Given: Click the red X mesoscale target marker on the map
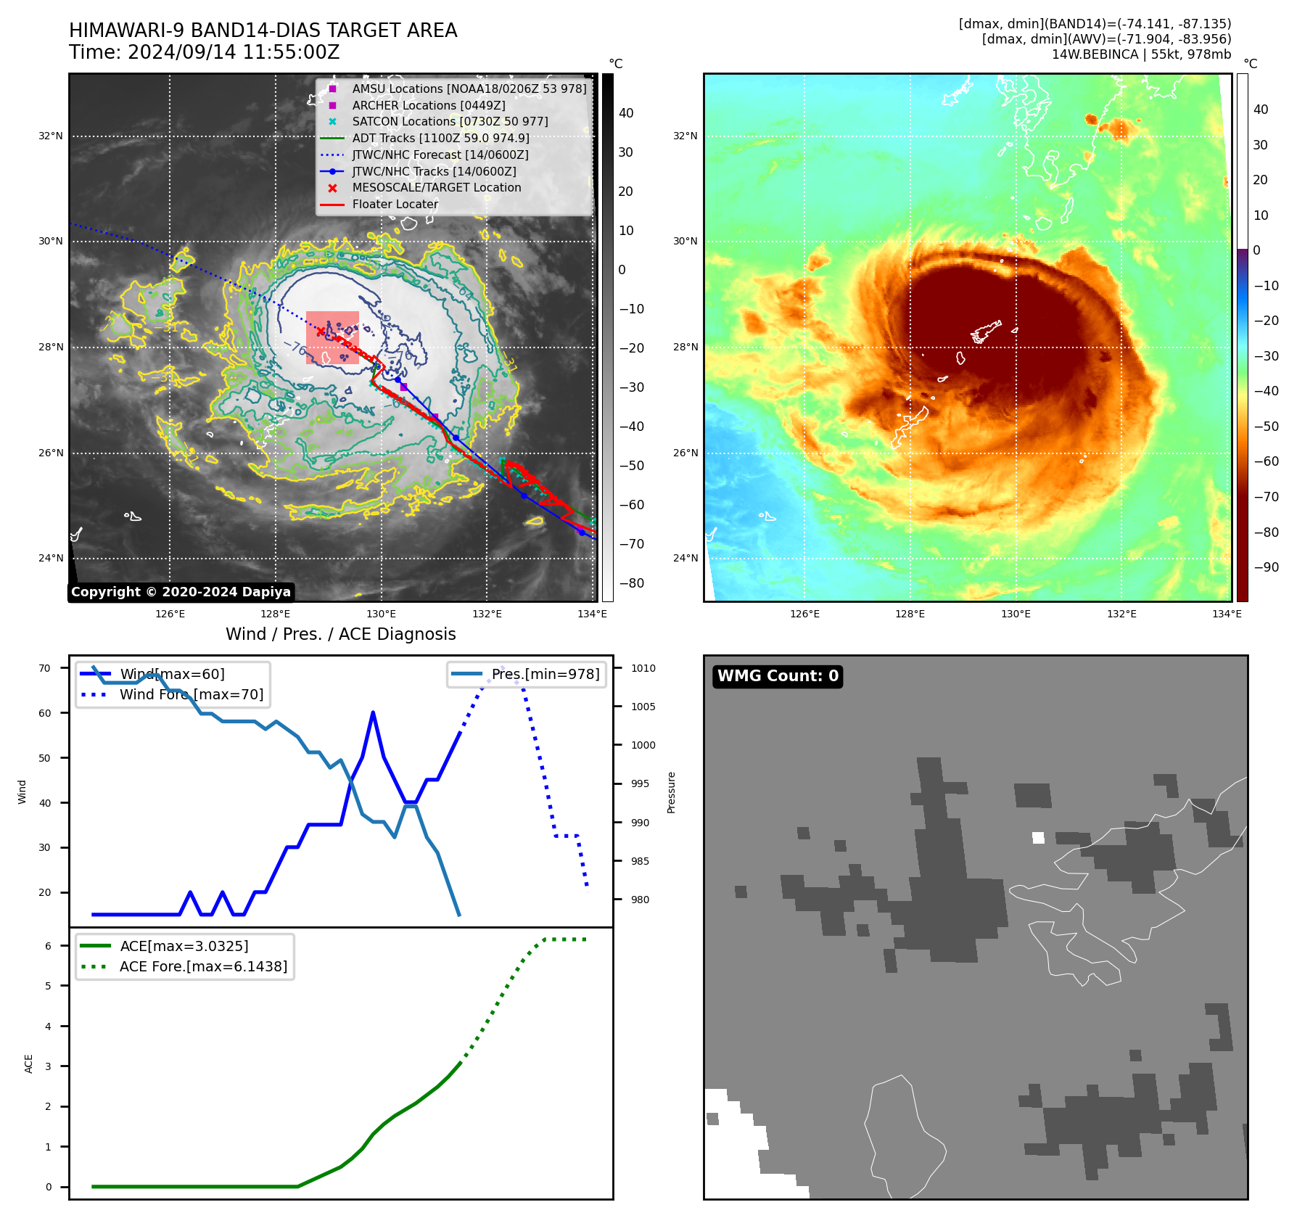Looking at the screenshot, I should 321,332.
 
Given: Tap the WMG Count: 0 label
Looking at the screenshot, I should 778,676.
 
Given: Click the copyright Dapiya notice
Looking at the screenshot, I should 181,592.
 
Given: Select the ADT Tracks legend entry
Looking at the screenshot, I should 440,138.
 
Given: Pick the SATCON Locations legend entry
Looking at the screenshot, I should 450,122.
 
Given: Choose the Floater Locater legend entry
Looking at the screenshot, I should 395,205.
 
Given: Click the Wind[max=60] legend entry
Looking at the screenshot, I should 172,674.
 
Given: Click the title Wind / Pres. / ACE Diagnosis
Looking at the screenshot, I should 341,634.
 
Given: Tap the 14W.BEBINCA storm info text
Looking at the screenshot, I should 1141,54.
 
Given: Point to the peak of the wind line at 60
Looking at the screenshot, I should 373,713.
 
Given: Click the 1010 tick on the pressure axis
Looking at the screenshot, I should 643,668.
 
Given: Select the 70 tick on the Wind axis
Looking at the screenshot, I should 45,668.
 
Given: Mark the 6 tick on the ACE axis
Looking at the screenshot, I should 48,946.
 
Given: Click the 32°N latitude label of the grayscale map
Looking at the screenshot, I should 51,136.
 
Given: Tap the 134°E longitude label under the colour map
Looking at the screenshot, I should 1227,614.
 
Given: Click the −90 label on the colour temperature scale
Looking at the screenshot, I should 1266,567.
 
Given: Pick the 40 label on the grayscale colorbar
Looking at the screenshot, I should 626,113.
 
